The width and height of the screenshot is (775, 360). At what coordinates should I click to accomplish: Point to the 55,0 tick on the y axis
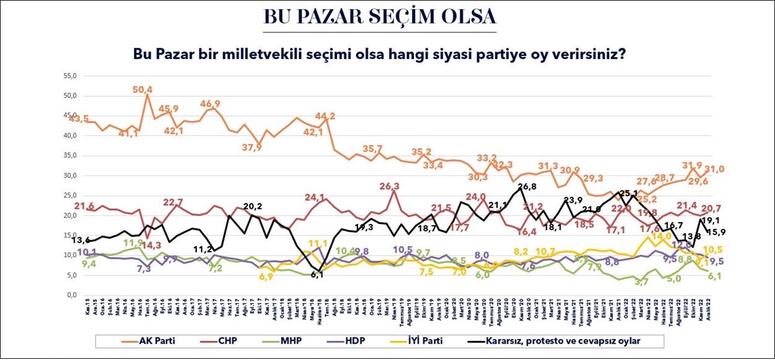[x=69, y=76]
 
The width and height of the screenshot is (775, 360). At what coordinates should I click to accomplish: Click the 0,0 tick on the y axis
[x=70, y=295]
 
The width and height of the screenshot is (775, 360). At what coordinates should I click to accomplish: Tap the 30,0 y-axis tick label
[x=69, y=176]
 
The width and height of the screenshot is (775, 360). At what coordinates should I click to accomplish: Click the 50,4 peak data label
[x=143, y=89]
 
